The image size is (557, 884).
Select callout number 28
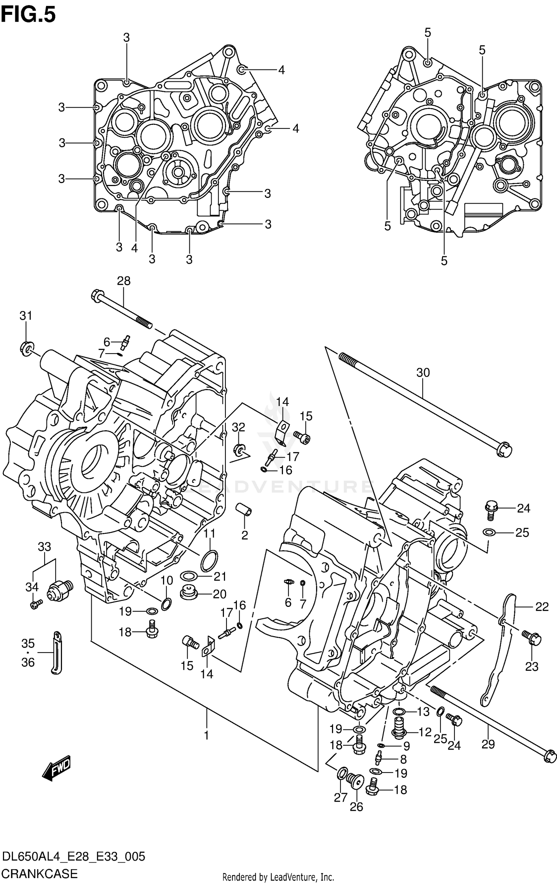(124, 281)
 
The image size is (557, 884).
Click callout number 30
(423, 373)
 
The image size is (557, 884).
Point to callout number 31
(26, 316)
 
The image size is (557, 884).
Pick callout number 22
(542, 607)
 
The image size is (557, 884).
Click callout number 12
(425, 732)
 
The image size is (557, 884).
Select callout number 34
(32, 587)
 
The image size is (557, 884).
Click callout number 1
(206, 735)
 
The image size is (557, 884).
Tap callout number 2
(244, 535)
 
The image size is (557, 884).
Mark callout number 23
(532, 667)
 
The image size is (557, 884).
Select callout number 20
(219, 594)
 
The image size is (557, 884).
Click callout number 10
(167, 580)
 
